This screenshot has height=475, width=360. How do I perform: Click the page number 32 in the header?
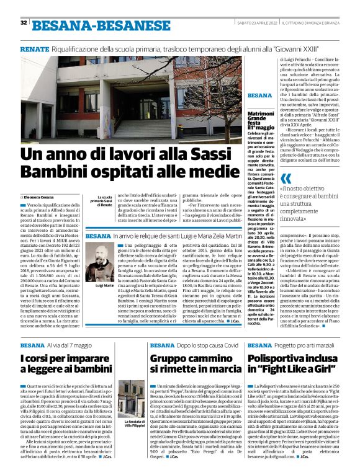pos(24,23)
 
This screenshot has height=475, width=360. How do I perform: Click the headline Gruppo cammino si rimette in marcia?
pos(195,364)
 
